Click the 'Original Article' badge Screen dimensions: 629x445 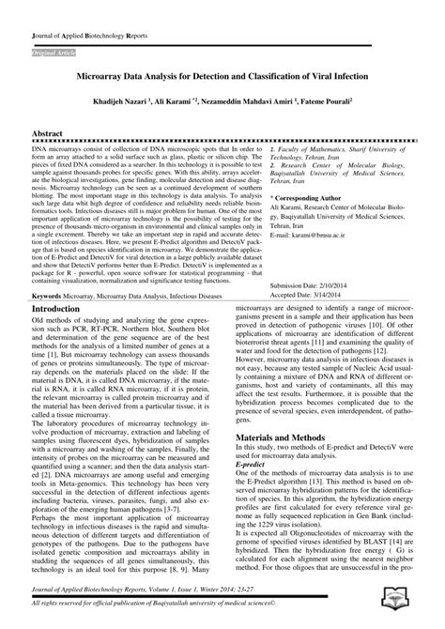point(54,44)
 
